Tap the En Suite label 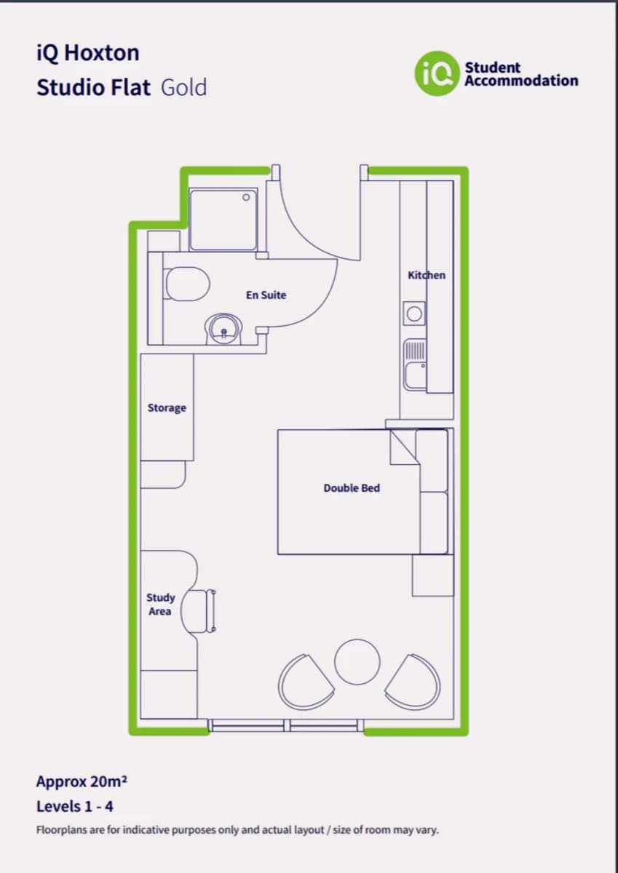266,295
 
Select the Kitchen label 426,275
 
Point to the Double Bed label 352,487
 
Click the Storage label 167,407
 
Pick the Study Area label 160,604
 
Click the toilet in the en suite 186,283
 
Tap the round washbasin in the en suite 224,331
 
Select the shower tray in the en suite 223,220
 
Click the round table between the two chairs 357,662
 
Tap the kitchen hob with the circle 414,314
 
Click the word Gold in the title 183,87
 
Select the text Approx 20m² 82,782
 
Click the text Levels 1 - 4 74,806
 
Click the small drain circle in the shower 246,196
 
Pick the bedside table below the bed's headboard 432,575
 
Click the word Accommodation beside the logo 521,81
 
